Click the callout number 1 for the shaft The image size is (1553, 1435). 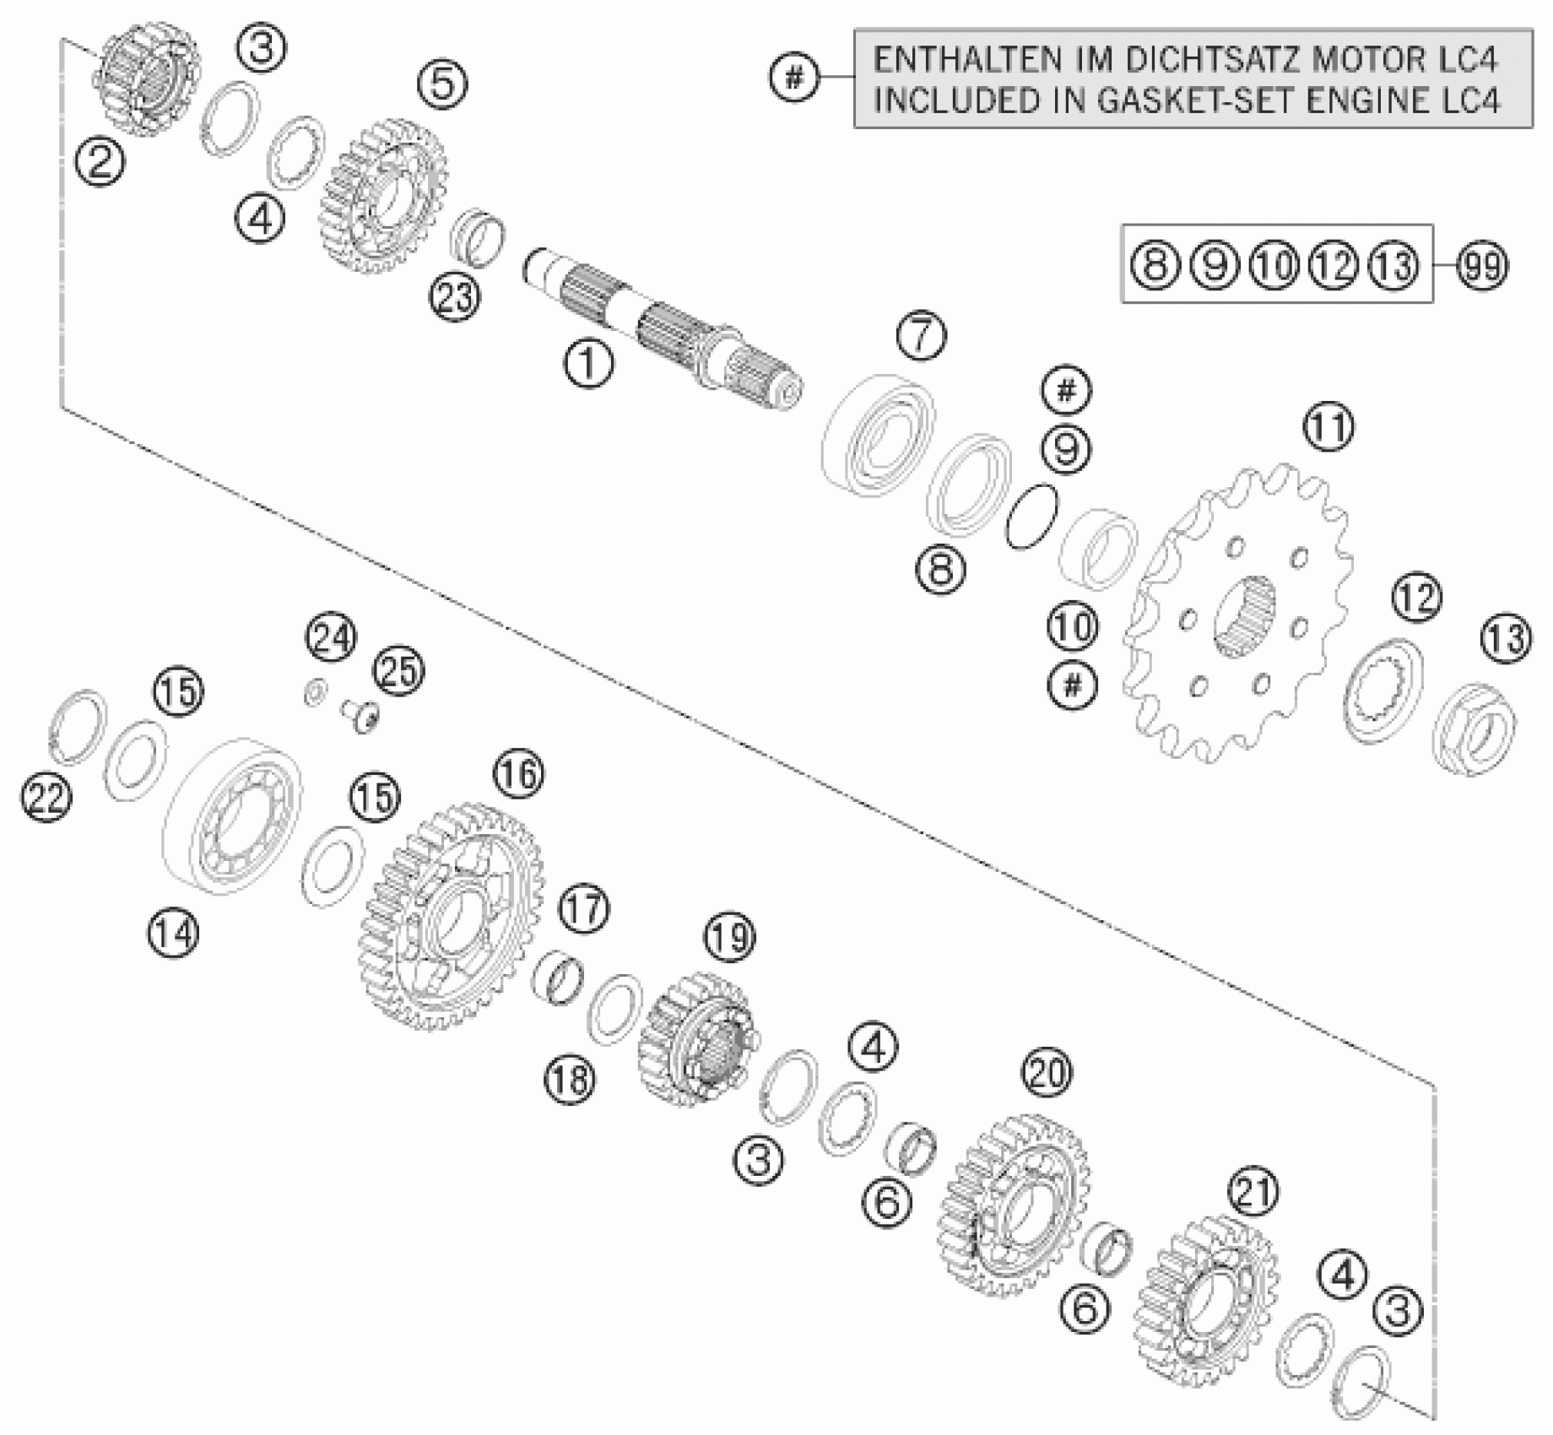tap(589, 364)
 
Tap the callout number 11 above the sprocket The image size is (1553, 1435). tap(1328, 427)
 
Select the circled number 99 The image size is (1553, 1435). tap(1482, 266)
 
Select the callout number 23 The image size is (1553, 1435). tap(455, 297)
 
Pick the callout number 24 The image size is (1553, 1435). tap(331, 639)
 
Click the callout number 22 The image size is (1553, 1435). tap(46, 798)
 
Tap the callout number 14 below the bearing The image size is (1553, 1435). tap(174, 934)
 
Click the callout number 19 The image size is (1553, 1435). tap(729, 937)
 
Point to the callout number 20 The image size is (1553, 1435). tap(1047, 1074)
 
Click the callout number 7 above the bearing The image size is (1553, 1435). tap(921, 335)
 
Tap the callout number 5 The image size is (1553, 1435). tap(443, 84)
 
